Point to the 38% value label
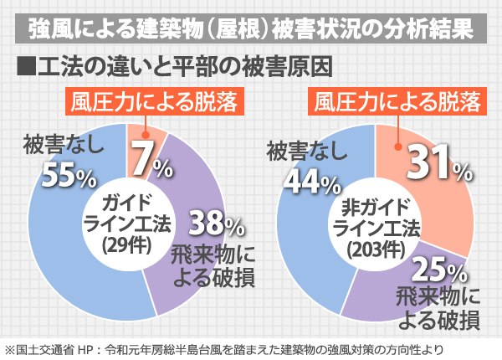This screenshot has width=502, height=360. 216,224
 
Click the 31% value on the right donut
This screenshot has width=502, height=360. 437,166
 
